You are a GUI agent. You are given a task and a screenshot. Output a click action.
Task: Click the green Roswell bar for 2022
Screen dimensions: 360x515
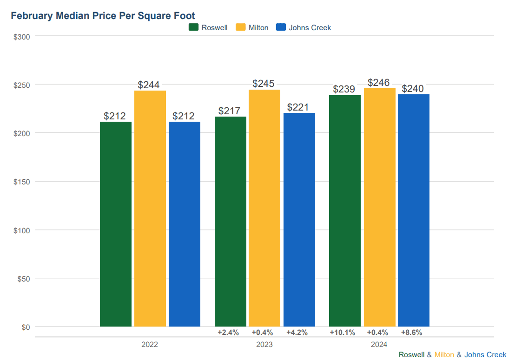pyautogui.click(x=116, y=224)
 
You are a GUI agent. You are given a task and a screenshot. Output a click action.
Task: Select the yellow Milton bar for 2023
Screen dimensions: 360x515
pyautogui.click(x=264, y=208)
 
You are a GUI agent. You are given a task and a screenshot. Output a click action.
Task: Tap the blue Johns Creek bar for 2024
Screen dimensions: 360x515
pyautogui.click(x=414, y=210)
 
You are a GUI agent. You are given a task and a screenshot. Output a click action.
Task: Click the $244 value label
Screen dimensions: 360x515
pyautogui.click(x=149, y=85)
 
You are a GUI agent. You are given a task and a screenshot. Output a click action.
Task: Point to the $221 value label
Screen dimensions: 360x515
pyautogui.click(x=298, y=107)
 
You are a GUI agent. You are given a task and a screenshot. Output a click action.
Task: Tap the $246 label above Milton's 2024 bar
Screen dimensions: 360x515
pyautogui.click(x=378, y=83)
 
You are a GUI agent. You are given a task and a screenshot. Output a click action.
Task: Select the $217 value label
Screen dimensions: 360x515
pyautogui.click(x=230, y=111)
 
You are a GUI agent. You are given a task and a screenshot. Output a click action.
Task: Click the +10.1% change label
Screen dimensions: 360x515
pyautogui.click(x=343, y=332)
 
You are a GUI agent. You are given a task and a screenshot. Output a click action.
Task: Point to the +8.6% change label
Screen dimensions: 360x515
pyautogui.click(x=412, y=332)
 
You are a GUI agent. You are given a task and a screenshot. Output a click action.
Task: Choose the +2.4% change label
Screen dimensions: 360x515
pyautogui.click(x=228, y=332)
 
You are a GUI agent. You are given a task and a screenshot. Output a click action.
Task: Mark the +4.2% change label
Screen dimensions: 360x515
pyautogui.click(x=297, y=332)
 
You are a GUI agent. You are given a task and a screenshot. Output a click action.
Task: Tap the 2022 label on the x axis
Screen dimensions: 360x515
pyautogui.click(x=150, y=345)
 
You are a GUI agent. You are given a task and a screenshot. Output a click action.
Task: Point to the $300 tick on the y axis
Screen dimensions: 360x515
pyautogui.click(x=22, y=36)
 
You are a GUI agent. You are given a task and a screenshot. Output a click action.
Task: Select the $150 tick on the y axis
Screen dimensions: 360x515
pyautogui.click(x=22, y=182)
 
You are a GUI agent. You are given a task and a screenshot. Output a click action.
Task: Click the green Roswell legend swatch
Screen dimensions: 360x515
pyautogui.click(x=193, y=27)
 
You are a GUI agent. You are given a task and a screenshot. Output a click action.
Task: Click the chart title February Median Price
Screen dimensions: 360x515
pyautogui.click(x=103, y=16)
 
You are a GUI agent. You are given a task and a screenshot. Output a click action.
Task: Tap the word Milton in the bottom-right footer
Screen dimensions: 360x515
pyautogui.click(x=444, y=354)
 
